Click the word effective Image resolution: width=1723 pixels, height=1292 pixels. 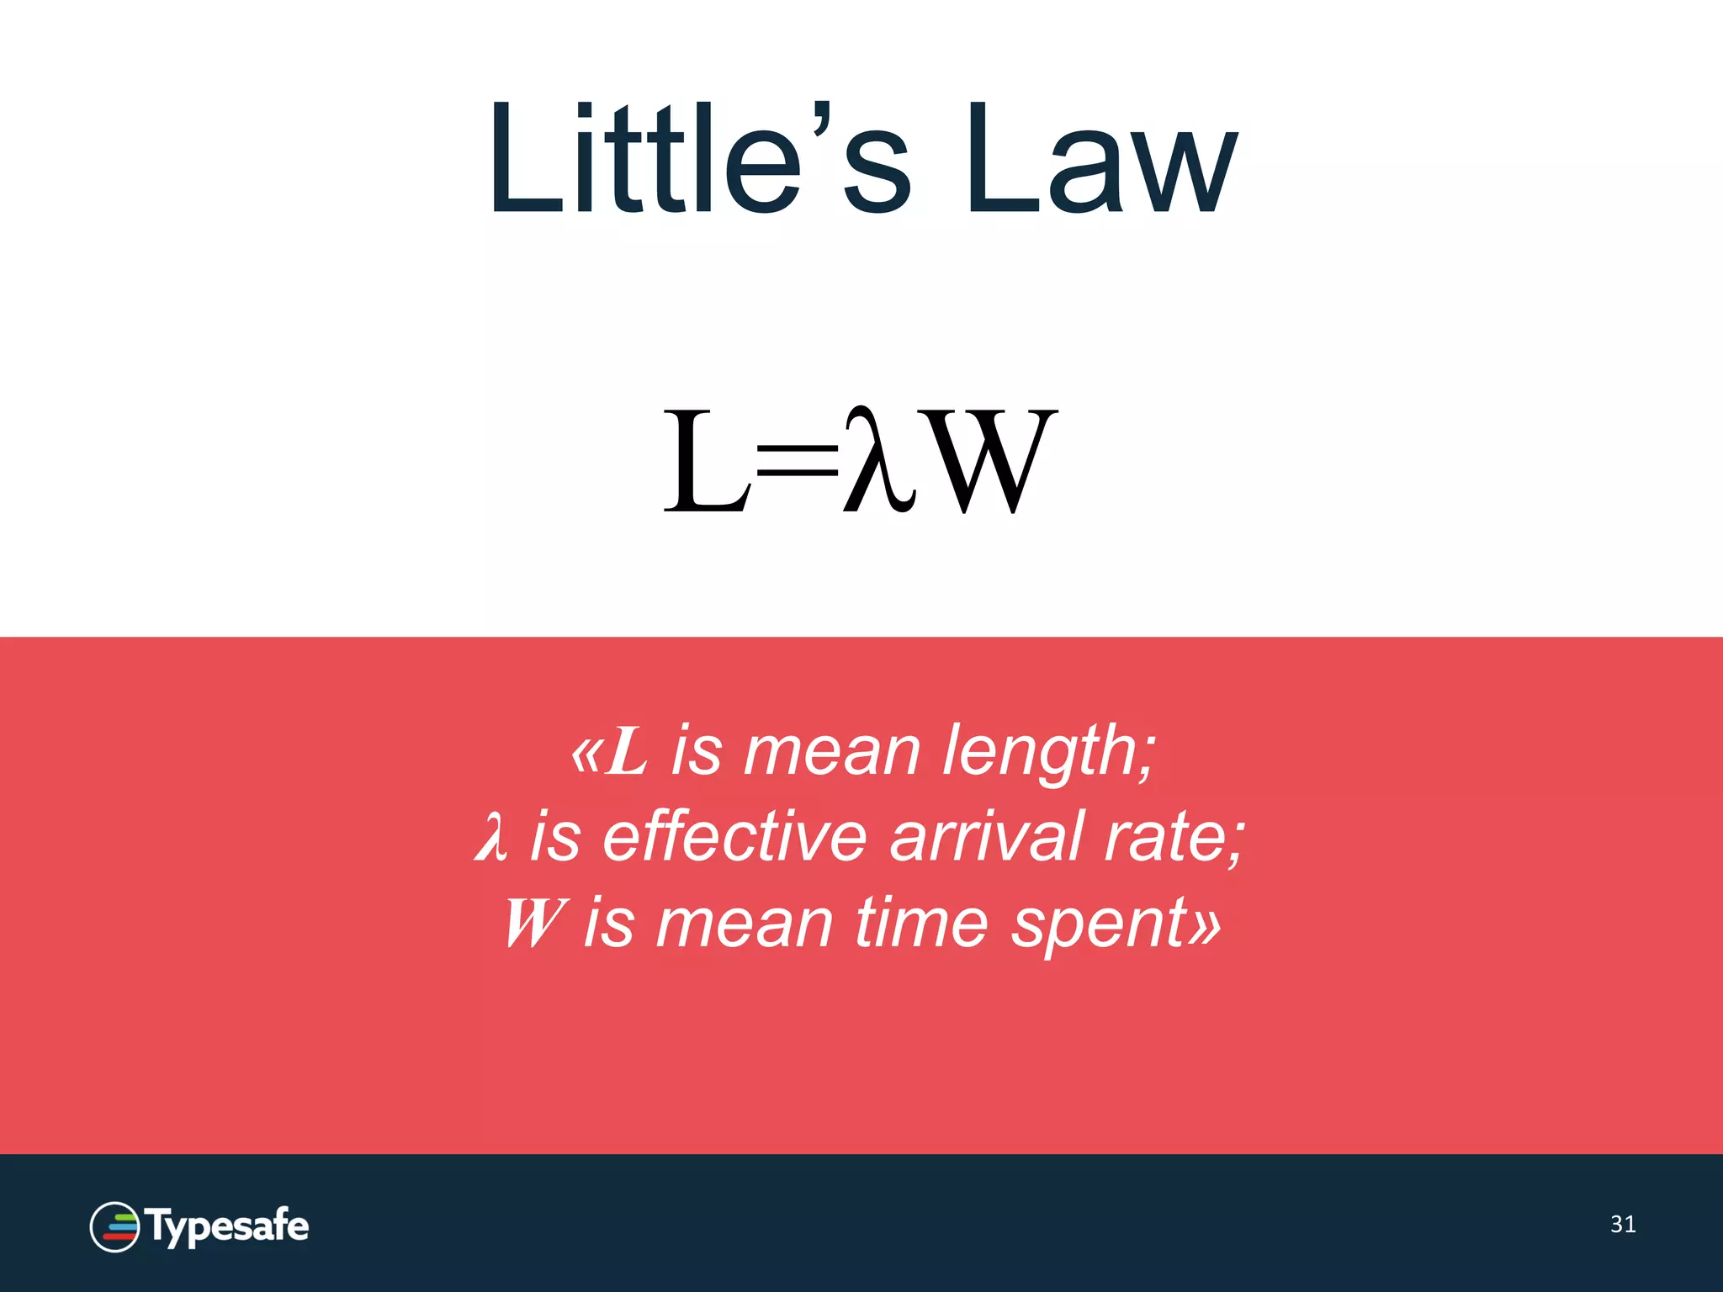734,837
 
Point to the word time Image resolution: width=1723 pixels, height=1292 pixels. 922,923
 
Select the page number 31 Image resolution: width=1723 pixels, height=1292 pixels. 1623,1224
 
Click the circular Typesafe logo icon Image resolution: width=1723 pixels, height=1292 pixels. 114,1226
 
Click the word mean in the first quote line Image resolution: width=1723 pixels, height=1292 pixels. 831,750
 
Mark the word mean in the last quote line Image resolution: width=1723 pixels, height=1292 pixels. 744,923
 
